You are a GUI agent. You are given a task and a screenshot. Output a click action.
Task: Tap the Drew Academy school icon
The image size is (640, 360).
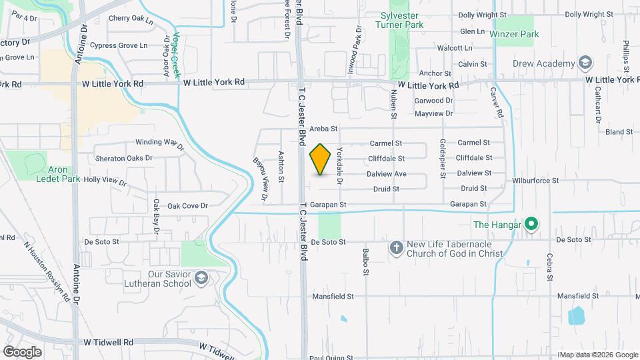click(x=586, y=63)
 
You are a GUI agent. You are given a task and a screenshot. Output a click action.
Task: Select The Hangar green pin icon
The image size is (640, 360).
click(x=531, y=225)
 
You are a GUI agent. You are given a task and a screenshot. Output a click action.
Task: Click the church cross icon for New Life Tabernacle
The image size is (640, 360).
click(x=396, y=249)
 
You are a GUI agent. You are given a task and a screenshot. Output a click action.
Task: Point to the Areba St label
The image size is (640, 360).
click(x=325, y=128)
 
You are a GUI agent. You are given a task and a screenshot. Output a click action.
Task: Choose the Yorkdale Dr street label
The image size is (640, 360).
click(x=339, y=166)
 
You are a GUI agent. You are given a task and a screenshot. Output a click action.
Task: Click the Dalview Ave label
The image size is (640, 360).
click(x=386, y=174)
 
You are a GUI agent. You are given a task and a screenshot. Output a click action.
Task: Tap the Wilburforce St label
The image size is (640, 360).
click(x=535, y=181)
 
